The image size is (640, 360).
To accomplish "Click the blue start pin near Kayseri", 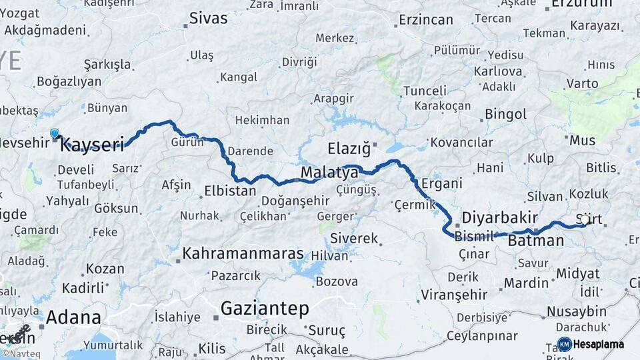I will coord(55,134).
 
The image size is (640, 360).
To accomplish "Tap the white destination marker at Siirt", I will coord(585,219).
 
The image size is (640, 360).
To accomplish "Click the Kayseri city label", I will coord(93,145).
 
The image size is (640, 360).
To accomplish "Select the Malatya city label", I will coord(329,173).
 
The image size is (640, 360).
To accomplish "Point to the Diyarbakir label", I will coord(499,218).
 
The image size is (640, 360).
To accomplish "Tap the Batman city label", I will coord(535,241).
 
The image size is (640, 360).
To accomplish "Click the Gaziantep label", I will coord(265,309).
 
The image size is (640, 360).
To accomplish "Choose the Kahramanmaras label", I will coord(243,254).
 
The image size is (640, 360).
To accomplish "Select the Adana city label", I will coord(73,317).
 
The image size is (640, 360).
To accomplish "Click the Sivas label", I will coord(208,18).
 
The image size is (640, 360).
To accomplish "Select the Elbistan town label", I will coord(229,191).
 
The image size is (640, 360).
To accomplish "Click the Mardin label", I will coord(526,283).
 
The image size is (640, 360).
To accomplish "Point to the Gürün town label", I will coord(187,142).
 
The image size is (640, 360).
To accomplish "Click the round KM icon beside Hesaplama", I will coord(564,345).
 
